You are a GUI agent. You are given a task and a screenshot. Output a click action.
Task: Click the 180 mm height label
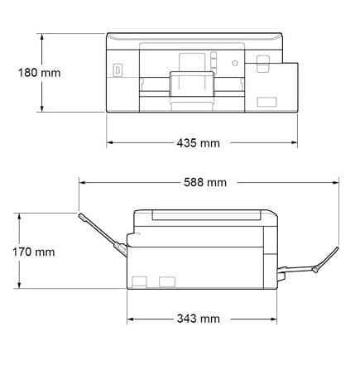coord(39,73)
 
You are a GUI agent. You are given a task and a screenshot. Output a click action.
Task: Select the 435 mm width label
coord(199,143)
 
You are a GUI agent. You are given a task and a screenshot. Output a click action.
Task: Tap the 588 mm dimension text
coord(205,182)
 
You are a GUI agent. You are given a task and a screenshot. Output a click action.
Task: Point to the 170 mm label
coord(34,252)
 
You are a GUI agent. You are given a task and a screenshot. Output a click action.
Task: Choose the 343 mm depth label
coord(199,319)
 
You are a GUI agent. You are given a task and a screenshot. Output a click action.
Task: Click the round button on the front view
coord(235,63)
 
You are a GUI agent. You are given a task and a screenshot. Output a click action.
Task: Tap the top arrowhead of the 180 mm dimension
coord(42,37)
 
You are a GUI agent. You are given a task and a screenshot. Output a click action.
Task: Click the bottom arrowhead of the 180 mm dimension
coord(42,108)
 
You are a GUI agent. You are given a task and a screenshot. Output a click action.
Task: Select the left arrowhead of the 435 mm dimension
coord(110,142)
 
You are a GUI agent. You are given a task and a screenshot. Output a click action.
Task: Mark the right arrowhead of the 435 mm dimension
coord(294,142)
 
